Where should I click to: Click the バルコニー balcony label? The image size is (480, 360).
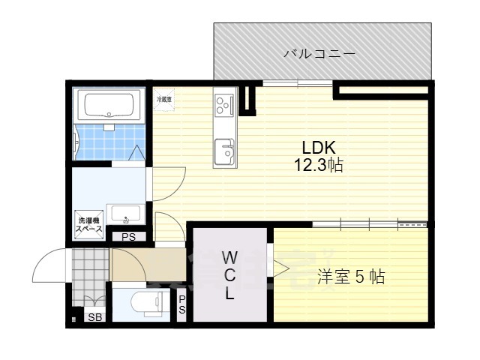click(319, 54)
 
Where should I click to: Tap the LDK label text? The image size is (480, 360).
click(318, 147)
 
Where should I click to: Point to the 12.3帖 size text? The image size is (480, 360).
click(318, 165)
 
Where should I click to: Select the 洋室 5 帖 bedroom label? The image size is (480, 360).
click(350, 277)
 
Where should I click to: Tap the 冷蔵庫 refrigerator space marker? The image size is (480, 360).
click(163, 99)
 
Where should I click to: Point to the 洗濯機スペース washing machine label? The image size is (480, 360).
click(89, 224)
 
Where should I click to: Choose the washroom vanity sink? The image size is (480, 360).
click(126, 213)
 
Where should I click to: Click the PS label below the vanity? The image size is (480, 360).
click(128, 238)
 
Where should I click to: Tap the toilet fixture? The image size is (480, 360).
click(147, 303)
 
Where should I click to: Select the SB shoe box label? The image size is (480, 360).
click(96, 317)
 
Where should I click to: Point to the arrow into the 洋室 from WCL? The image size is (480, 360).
click(280, 268)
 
